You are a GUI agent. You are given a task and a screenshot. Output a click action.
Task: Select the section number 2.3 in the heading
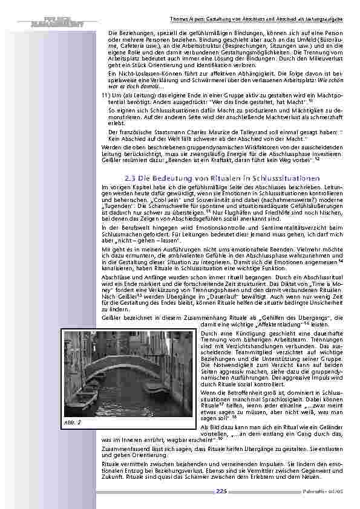[x=132, y=178]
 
